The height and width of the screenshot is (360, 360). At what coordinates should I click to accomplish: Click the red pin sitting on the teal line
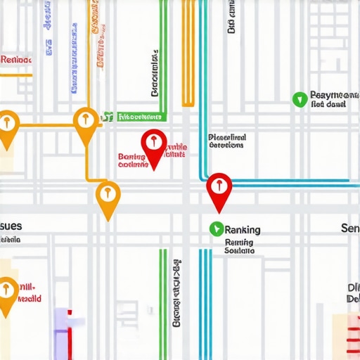click(219, 188)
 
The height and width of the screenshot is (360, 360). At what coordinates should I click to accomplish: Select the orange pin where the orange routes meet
click(86, 122)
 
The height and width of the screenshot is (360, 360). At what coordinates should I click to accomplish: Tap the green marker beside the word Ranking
click(216, 229)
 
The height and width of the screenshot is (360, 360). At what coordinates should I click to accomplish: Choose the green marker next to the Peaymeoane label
click(300, 98)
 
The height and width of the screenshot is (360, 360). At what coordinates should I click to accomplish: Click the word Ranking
click(243, 229)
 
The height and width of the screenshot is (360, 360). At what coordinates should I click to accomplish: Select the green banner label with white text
click(138, 117)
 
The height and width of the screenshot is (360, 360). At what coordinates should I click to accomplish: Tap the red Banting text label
click(131, 160)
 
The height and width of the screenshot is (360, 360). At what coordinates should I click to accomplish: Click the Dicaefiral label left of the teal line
click(227, 141)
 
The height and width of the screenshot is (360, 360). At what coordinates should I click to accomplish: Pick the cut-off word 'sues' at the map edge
click(11, 226)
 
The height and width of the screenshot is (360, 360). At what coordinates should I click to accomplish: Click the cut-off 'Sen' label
click(349, 229)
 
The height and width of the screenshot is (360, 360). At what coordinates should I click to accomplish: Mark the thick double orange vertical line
click(188, 53)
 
